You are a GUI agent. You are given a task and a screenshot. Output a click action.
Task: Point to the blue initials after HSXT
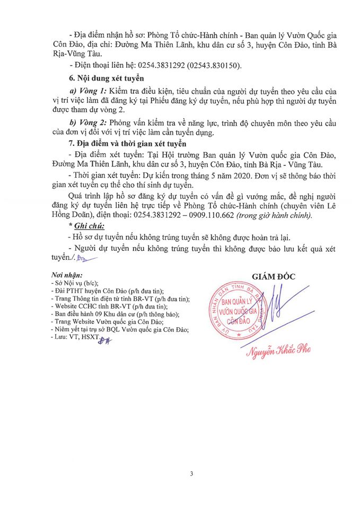point(99,338)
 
